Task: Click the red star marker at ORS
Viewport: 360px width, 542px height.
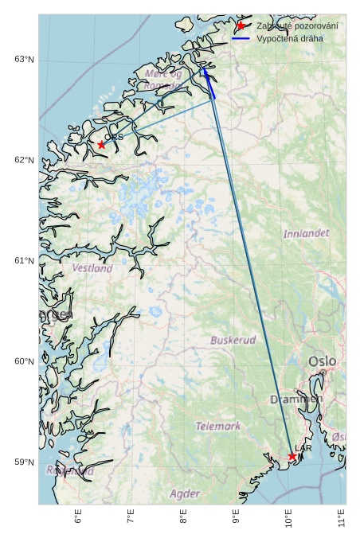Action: click(x=101, y=145)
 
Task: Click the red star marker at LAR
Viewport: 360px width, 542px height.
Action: click(x=292, y=456)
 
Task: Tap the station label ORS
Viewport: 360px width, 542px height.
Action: click(x=114, y=137)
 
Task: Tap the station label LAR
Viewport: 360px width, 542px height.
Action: click(x=303, y=449)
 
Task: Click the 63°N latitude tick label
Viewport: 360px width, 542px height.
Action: click(x=24, y=60)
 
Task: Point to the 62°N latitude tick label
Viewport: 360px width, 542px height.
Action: click(x=24, y=160)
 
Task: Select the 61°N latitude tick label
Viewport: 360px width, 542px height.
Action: click(x=24, y=261)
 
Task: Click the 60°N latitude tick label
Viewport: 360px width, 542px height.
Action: click(x=24, y=361)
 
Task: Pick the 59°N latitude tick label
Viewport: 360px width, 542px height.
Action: click(x=24, y=462)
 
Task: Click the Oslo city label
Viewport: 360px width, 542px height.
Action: click(x=323, y=362)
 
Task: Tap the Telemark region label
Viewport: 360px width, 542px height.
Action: click(x=217, y=427)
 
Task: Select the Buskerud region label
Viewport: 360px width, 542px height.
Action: click(x=233, y=340)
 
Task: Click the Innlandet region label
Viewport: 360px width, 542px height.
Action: click(x=306, y=234)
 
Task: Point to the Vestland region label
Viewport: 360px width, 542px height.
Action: click(x=92, y=269)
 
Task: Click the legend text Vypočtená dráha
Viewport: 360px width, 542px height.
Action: click(x=290, y=38)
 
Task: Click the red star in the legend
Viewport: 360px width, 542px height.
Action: click(x=241, y=26)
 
